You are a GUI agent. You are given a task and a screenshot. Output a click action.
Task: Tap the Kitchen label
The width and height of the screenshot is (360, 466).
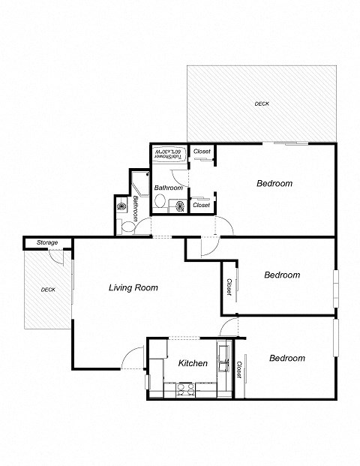tap(193, 363)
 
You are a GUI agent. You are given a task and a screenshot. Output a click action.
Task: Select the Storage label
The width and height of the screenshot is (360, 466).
tap(47, 242)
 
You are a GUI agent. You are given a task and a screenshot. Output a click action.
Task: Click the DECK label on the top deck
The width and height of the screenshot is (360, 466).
tap(262, 104)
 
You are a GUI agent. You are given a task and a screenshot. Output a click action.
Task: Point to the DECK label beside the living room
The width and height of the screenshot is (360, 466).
tap(48, 290)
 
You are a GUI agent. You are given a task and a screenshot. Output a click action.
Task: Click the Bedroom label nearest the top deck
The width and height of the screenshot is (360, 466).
tap(274, 183)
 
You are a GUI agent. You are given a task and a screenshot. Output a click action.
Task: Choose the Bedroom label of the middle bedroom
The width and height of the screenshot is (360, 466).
tap(282, 275)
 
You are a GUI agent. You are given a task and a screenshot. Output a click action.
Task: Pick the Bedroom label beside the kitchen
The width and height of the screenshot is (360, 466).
tap(287, 358)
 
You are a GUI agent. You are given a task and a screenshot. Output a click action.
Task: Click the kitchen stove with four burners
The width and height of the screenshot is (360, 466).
tap(184, 389)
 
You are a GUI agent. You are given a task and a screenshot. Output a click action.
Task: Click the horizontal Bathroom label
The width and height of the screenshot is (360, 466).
tap(168, 187)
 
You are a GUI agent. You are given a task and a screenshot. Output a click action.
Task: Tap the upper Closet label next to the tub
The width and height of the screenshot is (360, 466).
tap(202, 152)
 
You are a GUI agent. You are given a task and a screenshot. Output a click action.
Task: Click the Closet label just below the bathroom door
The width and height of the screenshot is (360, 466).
tap(201, 204)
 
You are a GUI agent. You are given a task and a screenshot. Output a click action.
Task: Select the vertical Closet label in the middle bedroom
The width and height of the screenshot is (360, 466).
tap(229, 287)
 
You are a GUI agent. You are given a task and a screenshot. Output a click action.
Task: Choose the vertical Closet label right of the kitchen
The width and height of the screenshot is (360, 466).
tap(239, 370)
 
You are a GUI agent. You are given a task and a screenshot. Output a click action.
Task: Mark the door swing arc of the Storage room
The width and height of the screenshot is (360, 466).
tap(57, 256)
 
